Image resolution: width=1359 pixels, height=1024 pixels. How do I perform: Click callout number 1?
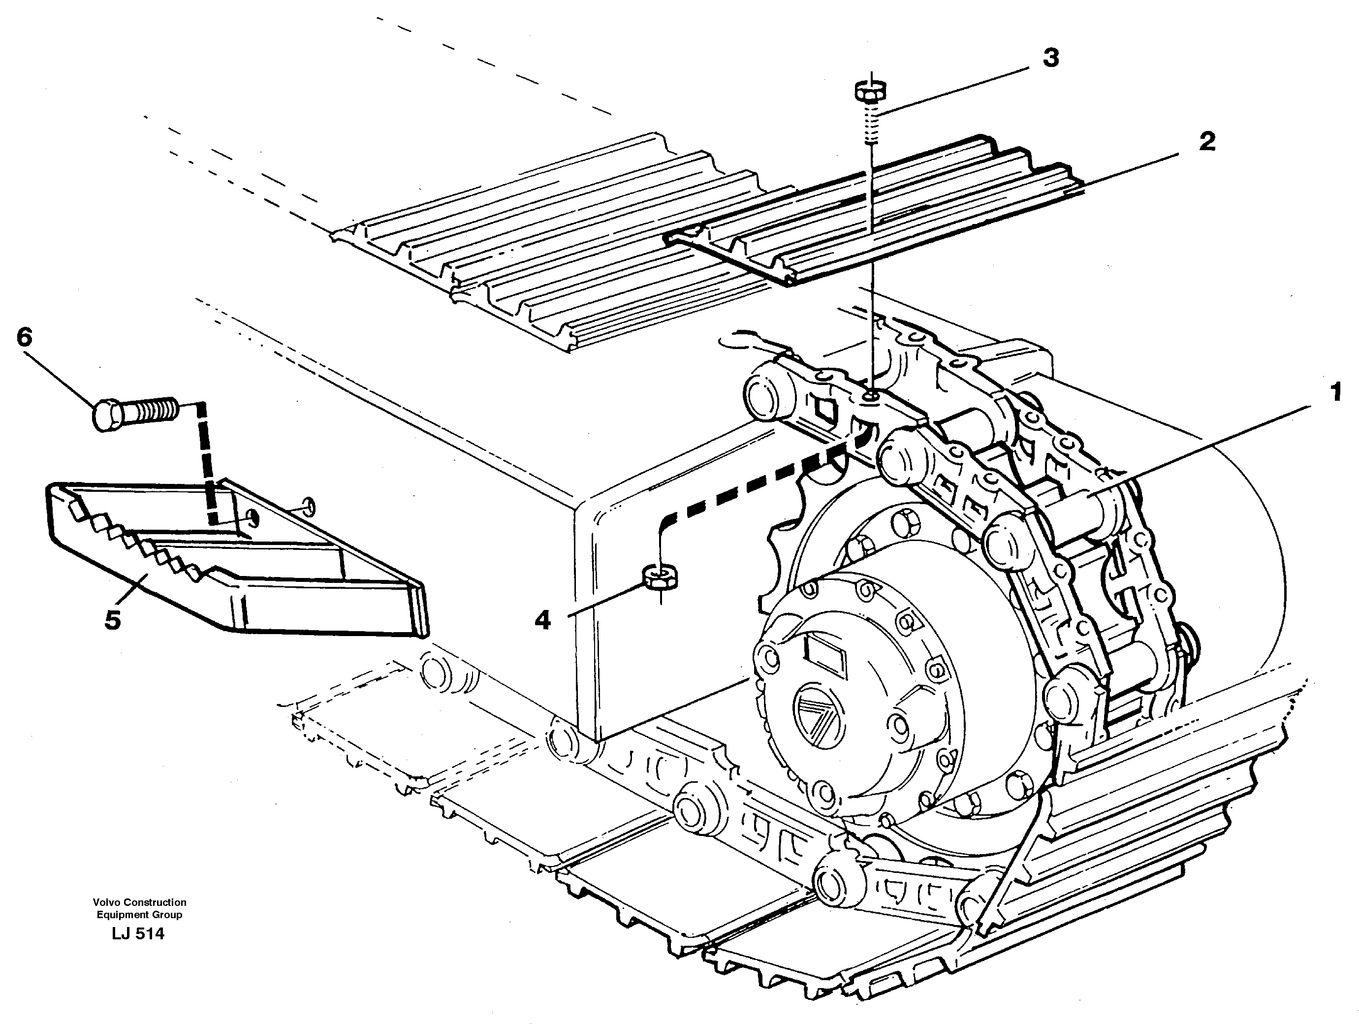click(1334, 392)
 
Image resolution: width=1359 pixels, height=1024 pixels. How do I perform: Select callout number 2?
click(1206, 142)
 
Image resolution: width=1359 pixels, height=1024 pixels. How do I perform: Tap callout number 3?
click(1050, 59)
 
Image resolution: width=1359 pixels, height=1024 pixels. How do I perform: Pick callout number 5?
click(112, 619)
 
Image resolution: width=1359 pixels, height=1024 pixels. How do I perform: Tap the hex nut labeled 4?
click(660, 576)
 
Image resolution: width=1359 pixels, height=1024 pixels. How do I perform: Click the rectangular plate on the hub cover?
click(825, 653)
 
